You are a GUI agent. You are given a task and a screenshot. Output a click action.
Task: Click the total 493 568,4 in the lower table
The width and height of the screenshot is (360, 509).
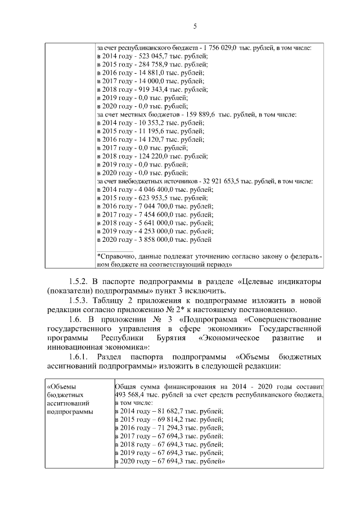tap(130, 395)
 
